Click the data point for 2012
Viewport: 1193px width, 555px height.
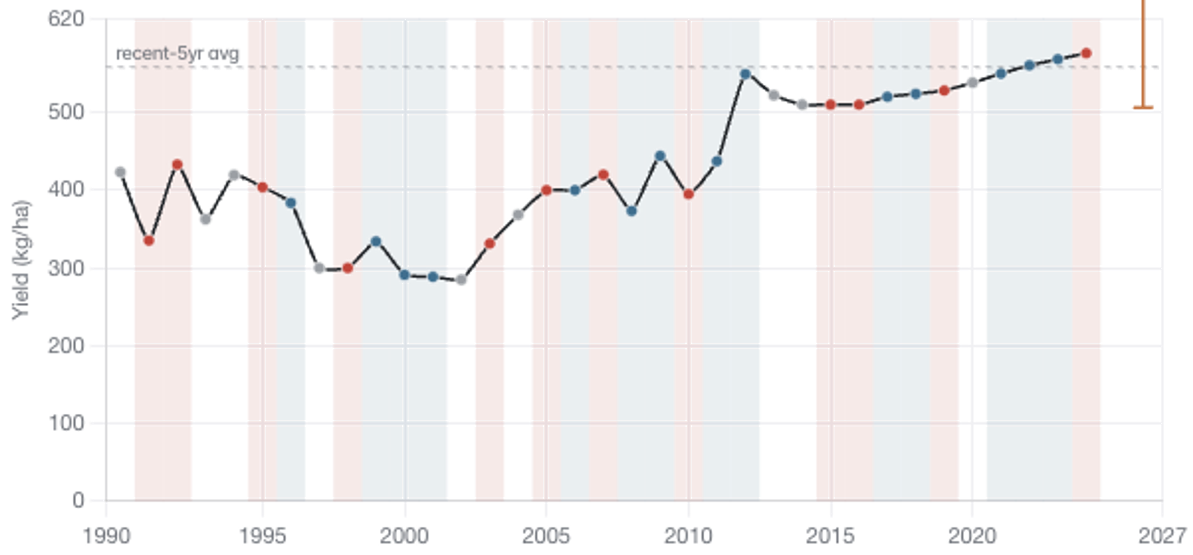745,74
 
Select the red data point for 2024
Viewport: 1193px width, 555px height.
1086,53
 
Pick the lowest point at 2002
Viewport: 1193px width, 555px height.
461,280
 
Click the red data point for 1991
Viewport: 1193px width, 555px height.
149,241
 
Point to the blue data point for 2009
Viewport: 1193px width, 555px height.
660,156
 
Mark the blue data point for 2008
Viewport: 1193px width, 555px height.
632,211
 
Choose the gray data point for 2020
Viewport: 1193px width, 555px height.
972,82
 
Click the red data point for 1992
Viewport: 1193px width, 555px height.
177,164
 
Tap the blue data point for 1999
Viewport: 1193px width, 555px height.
376,241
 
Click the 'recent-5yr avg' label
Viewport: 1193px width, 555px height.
177,54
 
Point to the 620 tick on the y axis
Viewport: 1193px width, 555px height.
66,20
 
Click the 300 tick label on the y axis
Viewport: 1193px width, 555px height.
66,268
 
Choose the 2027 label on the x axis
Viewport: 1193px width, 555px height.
1163,536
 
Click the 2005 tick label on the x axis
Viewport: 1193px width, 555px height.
546,536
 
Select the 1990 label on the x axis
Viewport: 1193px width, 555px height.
107,536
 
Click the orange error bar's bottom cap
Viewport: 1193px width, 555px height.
1143,108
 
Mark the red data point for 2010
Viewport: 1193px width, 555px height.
689,194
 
